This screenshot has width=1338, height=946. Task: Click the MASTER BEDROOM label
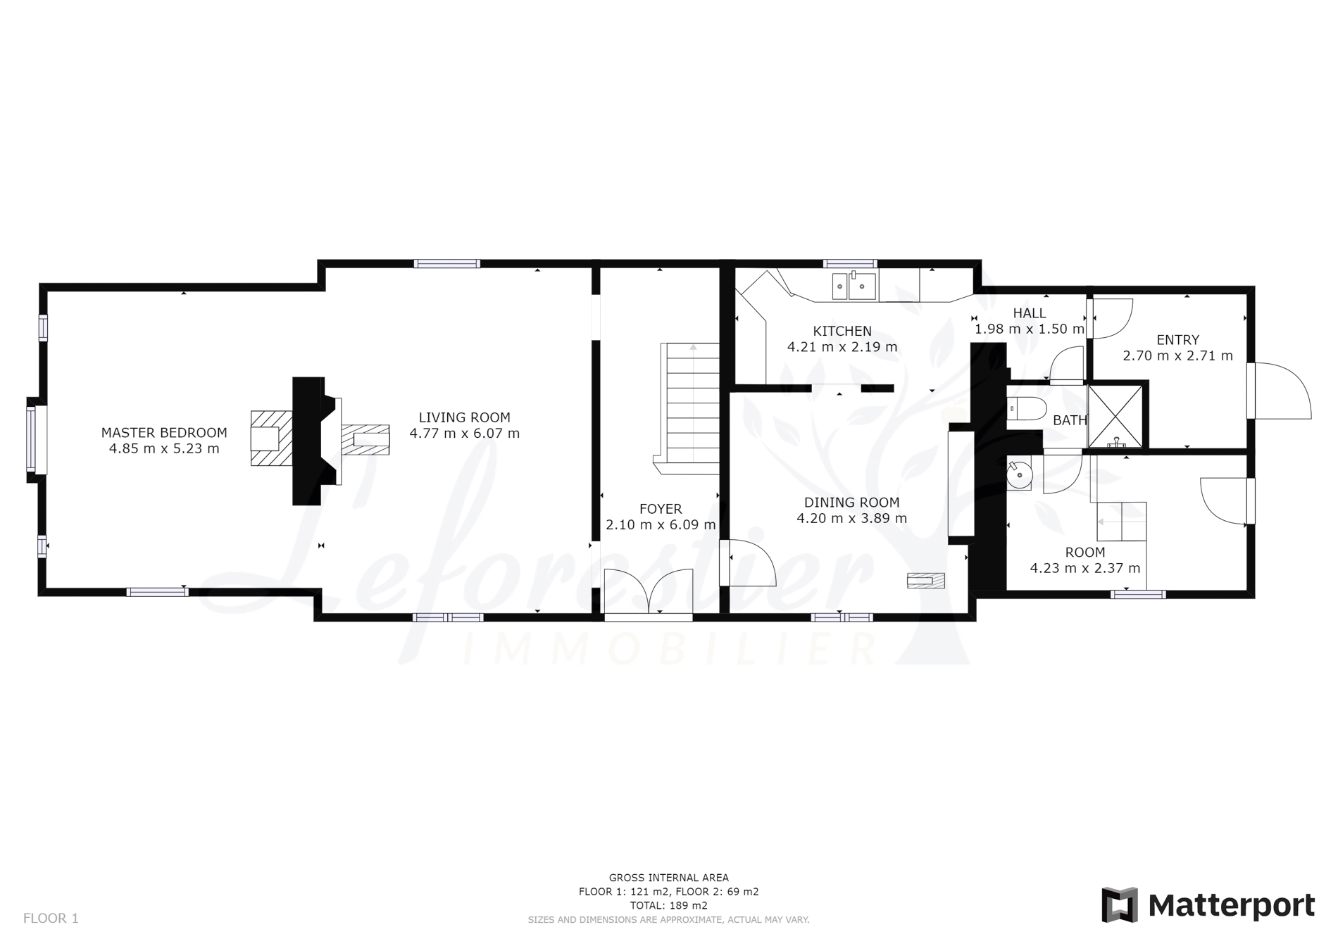click(x=164, y=433)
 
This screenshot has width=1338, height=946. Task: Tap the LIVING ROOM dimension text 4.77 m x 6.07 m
click(x=465, y=434)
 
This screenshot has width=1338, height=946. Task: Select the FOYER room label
click(x=661, y=509)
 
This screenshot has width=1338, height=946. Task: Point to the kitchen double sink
click(x=854, y=286)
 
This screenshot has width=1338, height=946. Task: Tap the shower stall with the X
click(x=1115, y=417)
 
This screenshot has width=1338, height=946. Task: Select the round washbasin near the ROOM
click(x=1019, y=473)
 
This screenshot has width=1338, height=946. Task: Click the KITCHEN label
click(x=842, y=331)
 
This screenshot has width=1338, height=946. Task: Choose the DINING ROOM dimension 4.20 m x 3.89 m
click(x=852, y=519)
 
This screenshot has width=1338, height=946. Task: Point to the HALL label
click(x=1030, y=313)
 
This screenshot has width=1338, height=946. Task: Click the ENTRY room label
click(x=1177, y=340)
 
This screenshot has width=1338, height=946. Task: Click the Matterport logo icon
click(x=1120, y=905)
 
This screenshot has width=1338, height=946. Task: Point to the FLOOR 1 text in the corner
click(x=51, y=918)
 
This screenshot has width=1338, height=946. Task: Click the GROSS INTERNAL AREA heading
click(x=669, y=878)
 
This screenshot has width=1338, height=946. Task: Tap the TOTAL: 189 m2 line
click(x=669, y=906)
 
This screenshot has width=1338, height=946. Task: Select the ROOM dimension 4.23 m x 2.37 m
click(x=1085, y=568)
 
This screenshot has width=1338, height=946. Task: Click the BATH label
click(x=1070, y=420)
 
